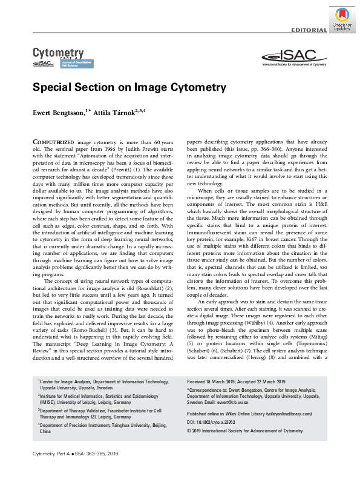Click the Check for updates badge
[x=341, y=18]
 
